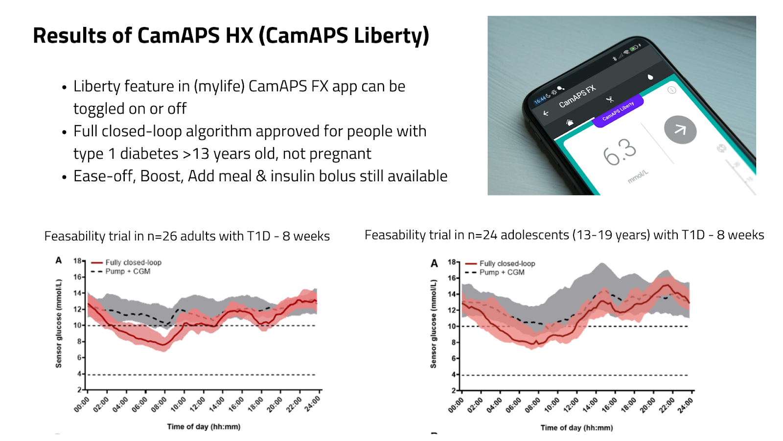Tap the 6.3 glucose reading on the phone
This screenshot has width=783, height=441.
(x=620, y=152)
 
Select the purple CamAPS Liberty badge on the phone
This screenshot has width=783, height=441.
(x=618, y=111)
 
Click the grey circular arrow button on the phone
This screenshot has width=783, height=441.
(x=680, y=130)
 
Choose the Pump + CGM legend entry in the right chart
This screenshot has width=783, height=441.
(x=502, y=272)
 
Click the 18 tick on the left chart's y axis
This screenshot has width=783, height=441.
(x=77, y=261)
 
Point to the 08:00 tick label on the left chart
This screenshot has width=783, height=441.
(x=159, y=405)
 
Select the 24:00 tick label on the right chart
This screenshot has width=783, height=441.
(x=685, y=406)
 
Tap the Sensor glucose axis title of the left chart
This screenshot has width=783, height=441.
(x=59, y=323)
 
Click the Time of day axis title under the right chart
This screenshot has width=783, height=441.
(x=576, y=428)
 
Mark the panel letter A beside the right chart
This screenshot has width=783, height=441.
(x=434, y=264)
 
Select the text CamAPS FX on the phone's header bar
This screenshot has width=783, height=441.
(x=577, y=96)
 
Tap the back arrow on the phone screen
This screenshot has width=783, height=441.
(x=546, y=113)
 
